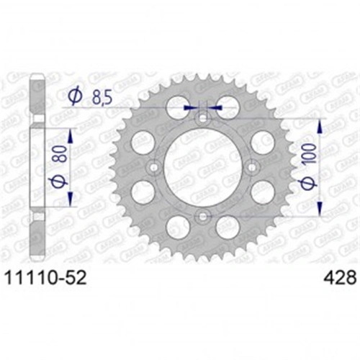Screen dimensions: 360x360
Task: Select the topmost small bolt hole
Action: coord(202,118)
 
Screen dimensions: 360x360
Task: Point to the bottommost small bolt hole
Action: coord(202,215)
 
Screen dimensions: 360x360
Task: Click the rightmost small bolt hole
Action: coord(251,167)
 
